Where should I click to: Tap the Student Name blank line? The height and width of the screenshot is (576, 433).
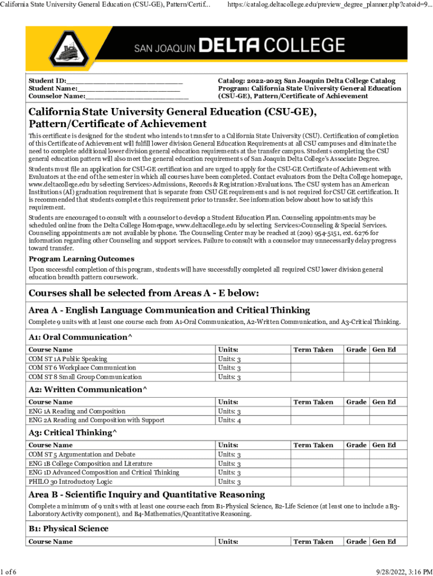pyautogui.click(x=129, y=88)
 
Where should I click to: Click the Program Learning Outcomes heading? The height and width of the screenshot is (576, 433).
pyautogui.click(x=82, y=259)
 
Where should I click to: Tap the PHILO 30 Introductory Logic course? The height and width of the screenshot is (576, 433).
pyautogui.click(x=70, y=481)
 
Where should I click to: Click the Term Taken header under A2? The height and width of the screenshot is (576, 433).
pyautogui.click(x=313, y=402)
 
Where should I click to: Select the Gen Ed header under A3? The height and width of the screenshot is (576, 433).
pyautogui.click(x=384, y=445)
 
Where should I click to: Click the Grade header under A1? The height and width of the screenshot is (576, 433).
pyautogui.click(x=356, y=350)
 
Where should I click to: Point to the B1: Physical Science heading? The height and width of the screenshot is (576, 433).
pyautogui.click(x=69, y=529)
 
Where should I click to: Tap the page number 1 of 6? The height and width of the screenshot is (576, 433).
pyautogui.click(x=8, y=572)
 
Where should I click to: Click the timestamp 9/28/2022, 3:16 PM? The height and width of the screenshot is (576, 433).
pyautogui.click(x=396, y=572)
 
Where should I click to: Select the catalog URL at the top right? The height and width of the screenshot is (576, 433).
pyautogui.click(x=330, y=4)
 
